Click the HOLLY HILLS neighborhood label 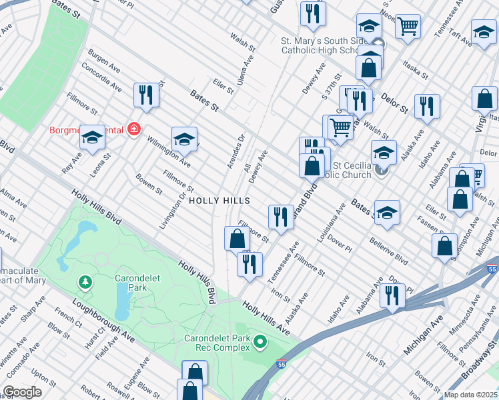(x=219, y=201)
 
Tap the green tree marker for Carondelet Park (x=85, y=283)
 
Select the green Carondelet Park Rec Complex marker (x=260, y=343)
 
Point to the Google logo (x=22, y=392)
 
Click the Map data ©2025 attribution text (x=470, y=395)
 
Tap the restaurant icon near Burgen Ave (x=145, y=95)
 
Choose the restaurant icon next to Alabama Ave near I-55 (x=392, y=295)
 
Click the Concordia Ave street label (x=103, y=81)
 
